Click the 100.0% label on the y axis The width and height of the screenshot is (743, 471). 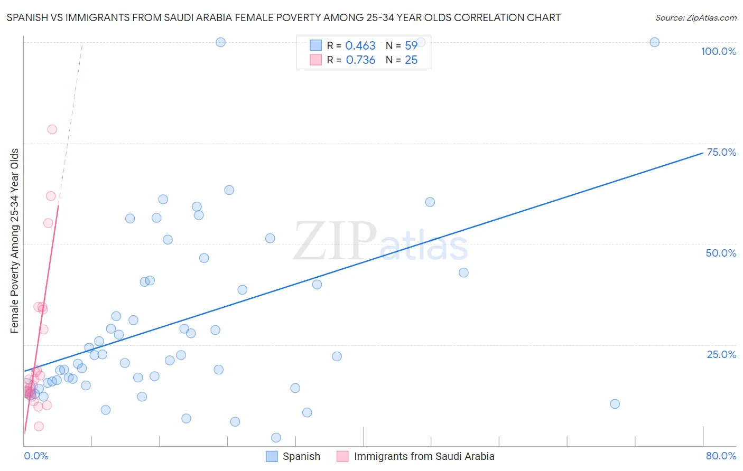point(718,51)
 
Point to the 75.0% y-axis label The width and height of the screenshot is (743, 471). point(721,152)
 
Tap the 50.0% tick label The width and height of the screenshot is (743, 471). point(721,253)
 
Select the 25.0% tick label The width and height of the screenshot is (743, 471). point(721,354)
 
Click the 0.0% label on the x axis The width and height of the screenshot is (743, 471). point(36,456)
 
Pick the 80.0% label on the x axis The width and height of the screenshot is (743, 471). point(721,456)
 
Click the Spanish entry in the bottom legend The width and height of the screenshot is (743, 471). point(301,456)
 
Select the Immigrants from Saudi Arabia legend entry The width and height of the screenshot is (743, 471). point(424,456)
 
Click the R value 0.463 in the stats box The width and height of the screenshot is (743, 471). point(360,46)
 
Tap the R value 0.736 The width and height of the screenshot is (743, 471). point(360,60)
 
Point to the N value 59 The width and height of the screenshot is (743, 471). point(411,46)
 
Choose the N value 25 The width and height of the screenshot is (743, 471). point(411,60)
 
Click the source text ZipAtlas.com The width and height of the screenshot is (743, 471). point(695,17)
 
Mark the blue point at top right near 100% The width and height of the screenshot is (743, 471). point(654,42)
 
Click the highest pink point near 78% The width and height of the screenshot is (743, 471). point(52,129)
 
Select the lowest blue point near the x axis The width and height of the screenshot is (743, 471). point(276,437)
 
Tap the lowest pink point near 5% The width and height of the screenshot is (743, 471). point(39,426)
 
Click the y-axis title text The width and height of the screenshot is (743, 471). point(15,241)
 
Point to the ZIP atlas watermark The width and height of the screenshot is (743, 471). point(380,242)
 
